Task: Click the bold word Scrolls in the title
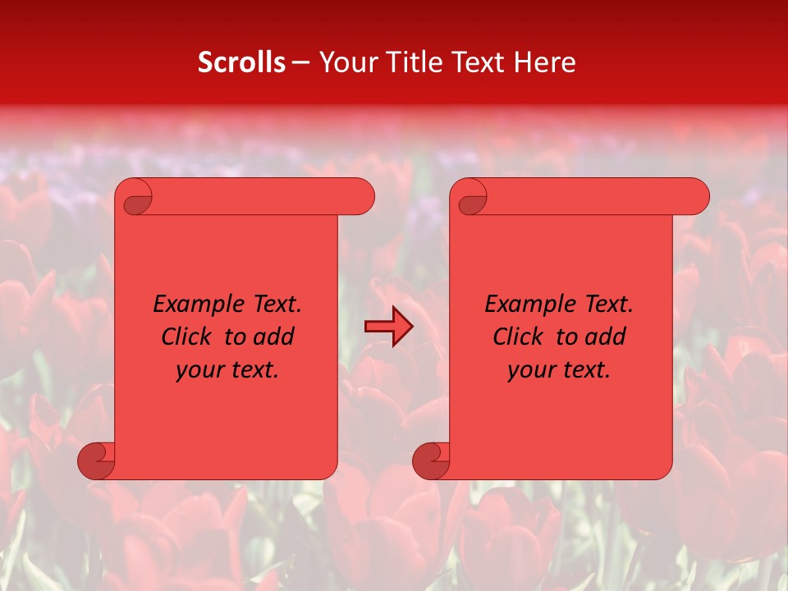pyautogui.click(x=241, y=62)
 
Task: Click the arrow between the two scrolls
pyautogui.click(x=388, y=327)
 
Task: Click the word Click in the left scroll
pyautogui.click(x=186, y=337)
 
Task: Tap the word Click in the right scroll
pyautogui.click(x=518, y=337)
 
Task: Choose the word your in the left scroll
pyautogui.click(x=198, y=370)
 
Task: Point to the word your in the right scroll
pyautogui.click(x=529, y=370)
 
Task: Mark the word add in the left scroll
pyautogui.click(x=275, y=337)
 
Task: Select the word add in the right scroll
pyautogui.click(x=607, y=337)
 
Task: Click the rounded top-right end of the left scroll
pyautogui.click(x=362, y=197)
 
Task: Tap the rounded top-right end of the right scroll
pyautogui.click(x=697, y=197)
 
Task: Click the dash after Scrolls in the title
pyautogui.click(x=301, y=63)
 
